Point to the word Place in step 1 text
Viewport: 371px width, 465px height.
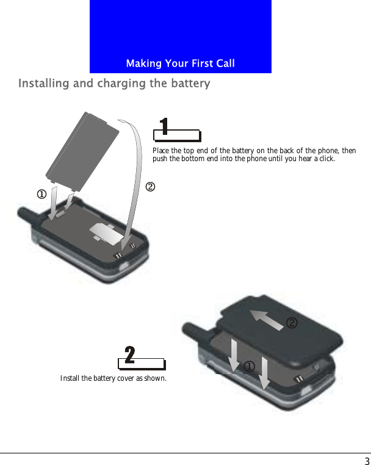(161, 151)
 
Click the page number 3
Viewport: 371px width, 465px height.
(367, 461)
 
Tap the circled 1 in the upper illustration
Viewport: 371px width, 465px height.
(41, 195)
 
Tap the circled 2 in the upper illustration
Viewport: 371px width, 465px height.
(150, 186)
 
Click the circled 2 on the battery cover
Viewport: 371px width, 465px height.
(292, 323)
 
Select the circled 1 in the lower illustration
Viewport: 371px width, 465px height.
(249, 366)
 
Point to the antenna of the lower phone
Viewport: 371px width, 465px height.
(193, 334)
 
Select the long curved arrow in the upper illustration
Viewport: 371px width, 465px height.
(135, 177)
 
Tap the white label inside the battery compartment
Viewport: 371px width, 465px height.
(105, 232)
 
